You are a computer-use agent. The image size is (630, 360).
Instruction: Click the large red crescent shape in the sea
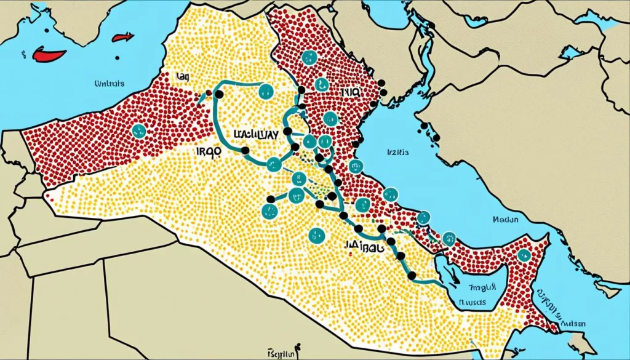coord(49,55)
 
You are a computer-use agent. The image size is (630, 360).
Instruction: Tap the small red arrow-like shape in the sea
coord(123,38)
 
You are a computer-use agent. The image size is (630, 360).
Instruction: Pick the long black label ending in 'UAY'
coord(256,134)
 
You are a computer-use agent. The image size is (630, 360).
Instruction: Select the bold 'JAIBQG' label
coord(364,246)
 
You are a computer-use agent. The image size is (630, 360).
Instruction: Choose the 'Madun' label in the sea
coord(505,218)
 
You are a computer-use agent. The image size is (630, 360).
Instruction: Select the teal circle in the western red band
coord(138,130)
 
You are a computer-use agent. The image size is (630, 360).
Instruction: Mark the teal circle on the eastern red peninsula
coord(524,255)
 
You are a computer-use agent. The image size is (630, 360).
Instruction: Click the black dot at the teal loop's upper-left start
coord(218,94)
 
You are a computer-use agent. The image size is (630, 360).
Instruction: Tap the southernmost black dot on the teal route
coord(412,275)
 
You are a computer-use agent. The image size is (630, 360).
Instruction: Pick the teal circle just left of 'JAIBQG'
coord(316,234)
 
